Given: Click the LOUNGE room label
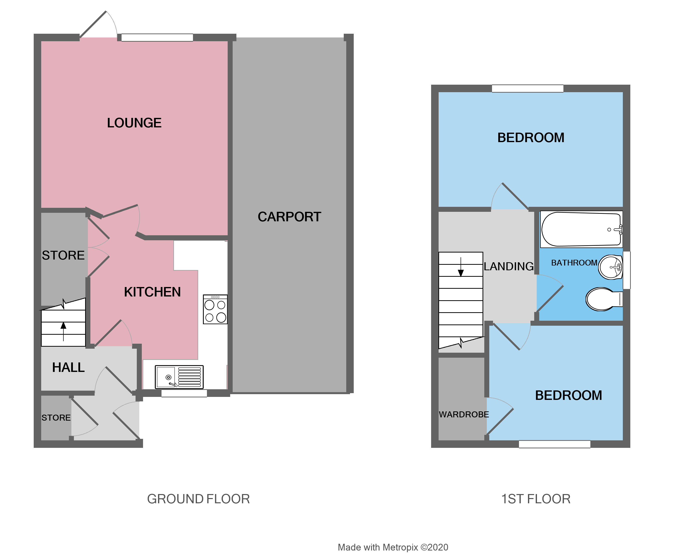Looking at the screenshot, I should point(134,123).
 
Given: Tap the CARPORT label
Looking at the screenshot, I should point(289,217).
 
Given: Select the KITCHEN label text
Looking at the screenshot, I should point(152,292).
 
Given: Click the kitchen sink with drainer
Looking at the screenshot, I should point(179,377).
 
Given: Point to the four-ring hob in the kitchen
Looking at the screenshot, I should point(215,309).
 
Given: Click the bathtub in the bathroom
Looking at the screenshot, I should point(581,229).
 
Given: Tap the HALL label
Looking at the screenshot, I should point(68,367).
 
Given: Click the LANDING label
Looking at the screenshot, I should point(508,266).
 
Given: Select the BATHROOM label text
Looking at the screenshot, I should point(574,263).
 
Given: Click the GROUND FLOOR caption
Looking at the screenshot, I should point(198,499).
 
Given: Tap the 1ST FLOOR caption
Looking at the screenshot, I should point(535,499).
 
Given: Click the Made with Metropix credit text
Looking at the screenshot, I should point(393,547).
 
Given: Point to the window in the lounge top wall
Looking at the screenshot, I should point(157,38).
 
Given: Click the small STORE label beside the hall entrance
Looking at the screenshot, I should point(56,417).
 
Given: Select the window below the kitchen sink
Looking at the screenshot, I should point(184,393).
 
